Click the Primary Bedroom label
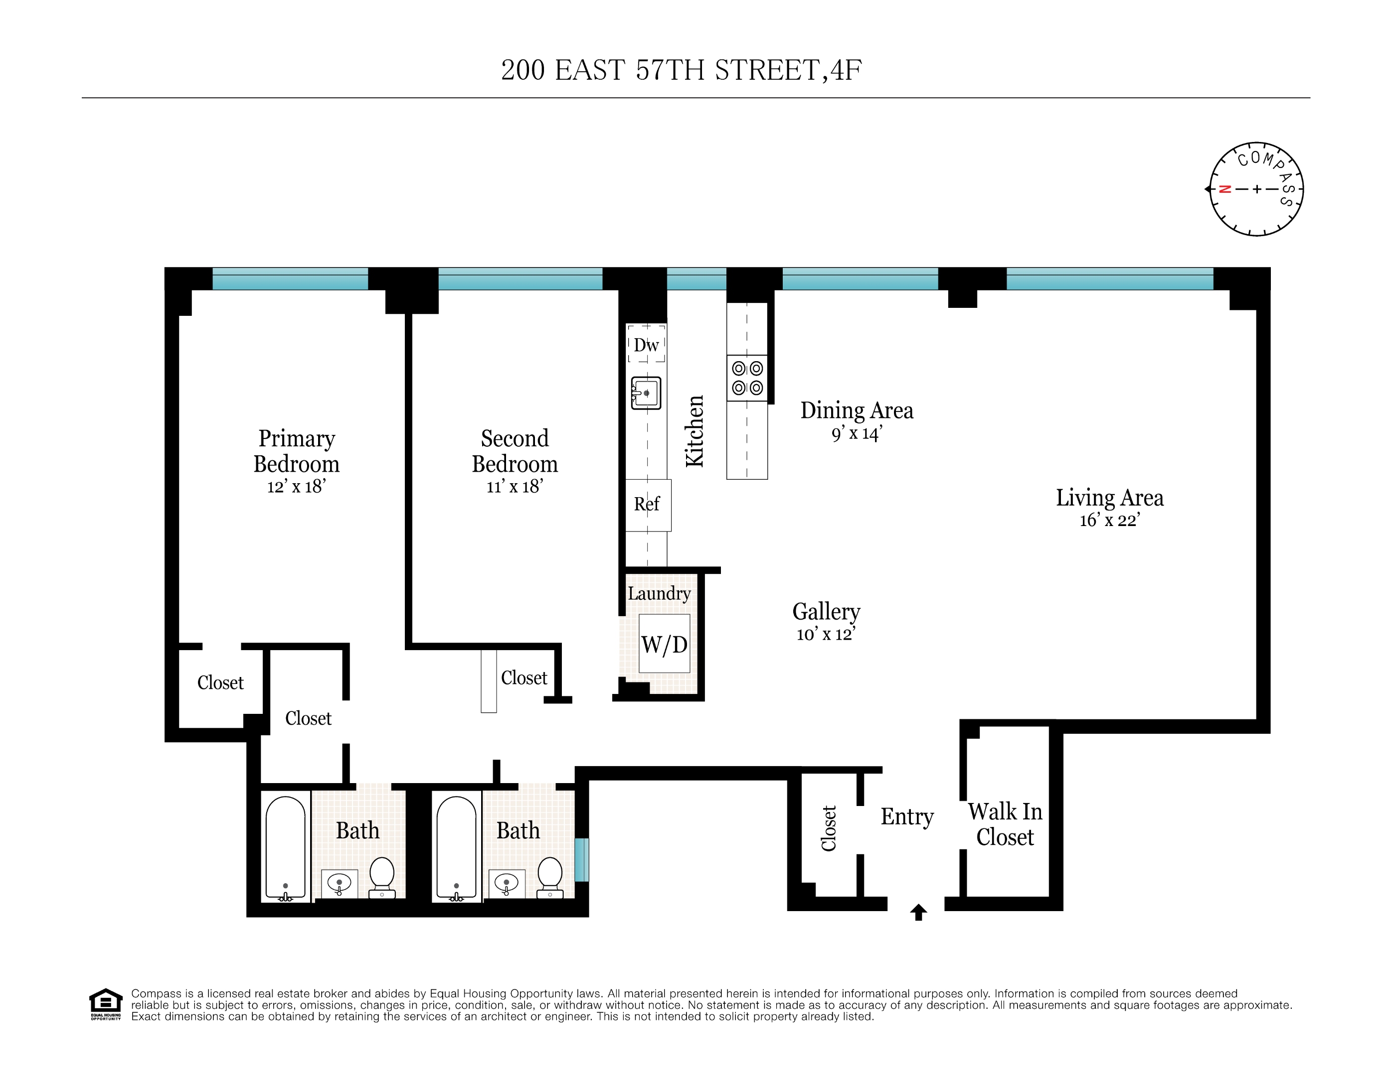point(296,451)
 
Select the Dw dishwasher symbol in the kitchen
point(646,345)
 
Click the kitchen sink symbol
point(646,393)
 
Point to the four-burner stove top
point(747,378)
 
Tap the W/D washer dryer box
point(664,644)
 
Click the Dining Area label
point(856,410)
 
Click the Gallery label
point(826,611)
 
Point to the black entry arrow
point(918,912)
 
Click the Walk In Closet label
point(1005,824)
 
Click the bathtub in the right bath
point(456,848)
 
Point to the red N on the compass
point(1224,189)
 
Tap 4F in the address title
point(846,70)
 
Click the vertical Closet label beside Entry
point(829,829)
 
